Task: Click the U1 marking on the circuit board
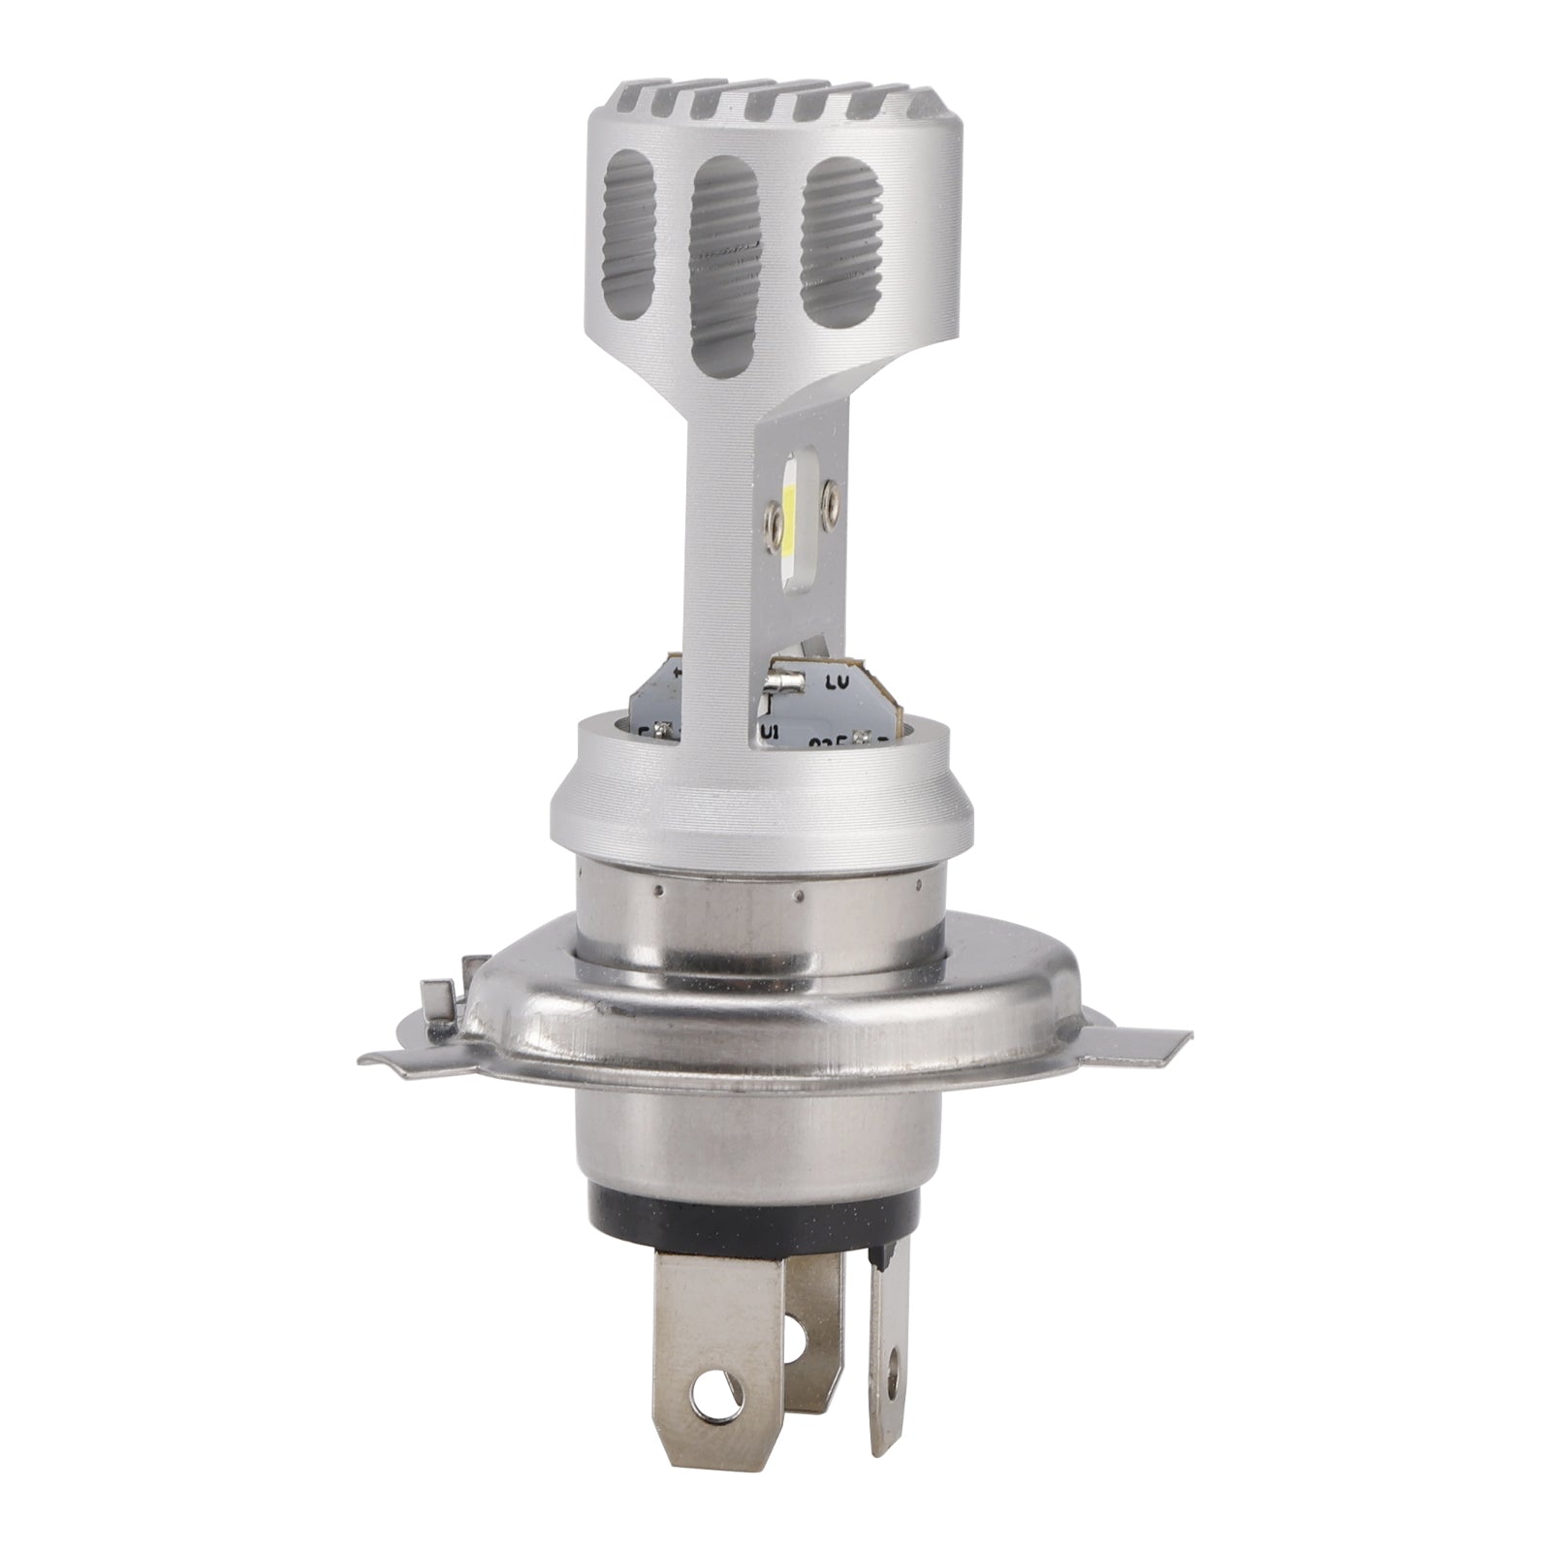point(773,730)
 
